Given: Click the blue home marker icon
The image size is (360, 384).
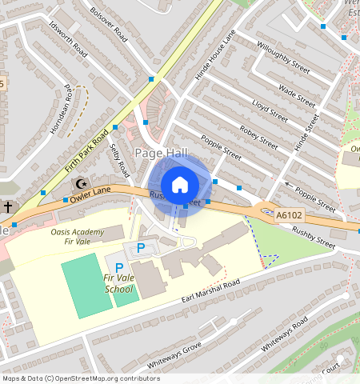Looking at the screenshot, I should pos(180,185).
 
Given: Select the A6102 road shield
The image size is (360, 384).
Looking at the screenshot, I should pos(290,214).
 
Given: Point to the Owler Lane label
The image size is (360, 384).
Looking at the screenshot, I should pos(89,192).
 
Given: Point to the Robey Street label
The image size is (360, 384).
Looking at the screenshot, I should pos(258,138).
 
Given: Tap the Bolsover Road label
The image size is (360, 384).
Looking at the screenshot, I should pos(110,25).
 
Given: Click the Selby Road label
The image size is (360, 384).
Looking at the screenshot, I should pos(119,159).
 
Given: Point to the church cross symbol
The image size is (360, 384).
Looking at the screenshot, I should pos(7,207).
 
